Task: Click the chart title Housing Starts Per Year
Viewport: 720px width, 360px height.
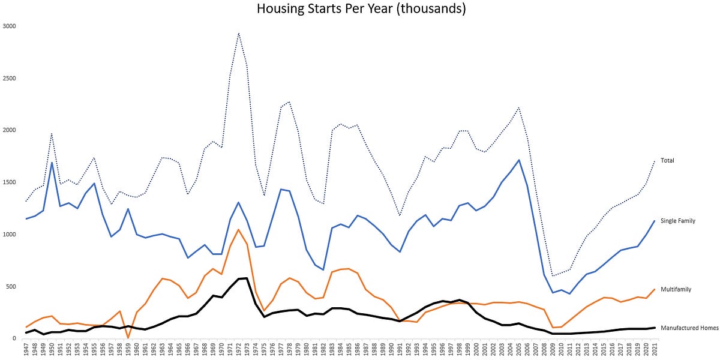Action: (361, 9)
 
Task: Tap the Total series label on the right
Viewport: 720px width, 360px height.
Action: (668, 161)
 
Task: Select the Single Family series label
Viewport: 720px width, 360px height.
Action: (678, 221)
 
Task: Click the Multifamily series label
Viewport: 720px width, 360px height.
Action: (676, 289)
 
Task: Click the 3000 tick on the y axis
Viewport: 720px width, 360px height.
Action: (10, 26)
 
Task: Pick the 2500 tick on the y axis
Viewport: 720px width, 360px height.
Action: (10, 79)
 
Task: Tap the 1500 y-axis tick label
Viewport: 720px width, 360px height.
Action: (10, 182)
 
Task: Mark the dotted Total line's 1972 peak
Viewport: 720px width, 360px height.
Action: (239, 33)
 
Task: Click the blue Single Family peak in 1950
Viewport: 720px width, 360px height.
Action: (52, 162)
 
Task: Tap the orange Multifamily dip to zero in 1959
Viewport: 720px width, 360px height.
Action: (128, 338)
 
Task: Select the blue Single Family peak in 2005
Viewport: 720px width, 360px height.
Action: (519, 160)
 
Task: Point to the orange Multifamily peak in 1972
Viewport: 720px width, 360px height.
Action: (239, 229)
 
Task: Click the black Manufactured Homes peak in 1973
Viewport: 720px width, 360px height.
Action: (247, 278)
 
